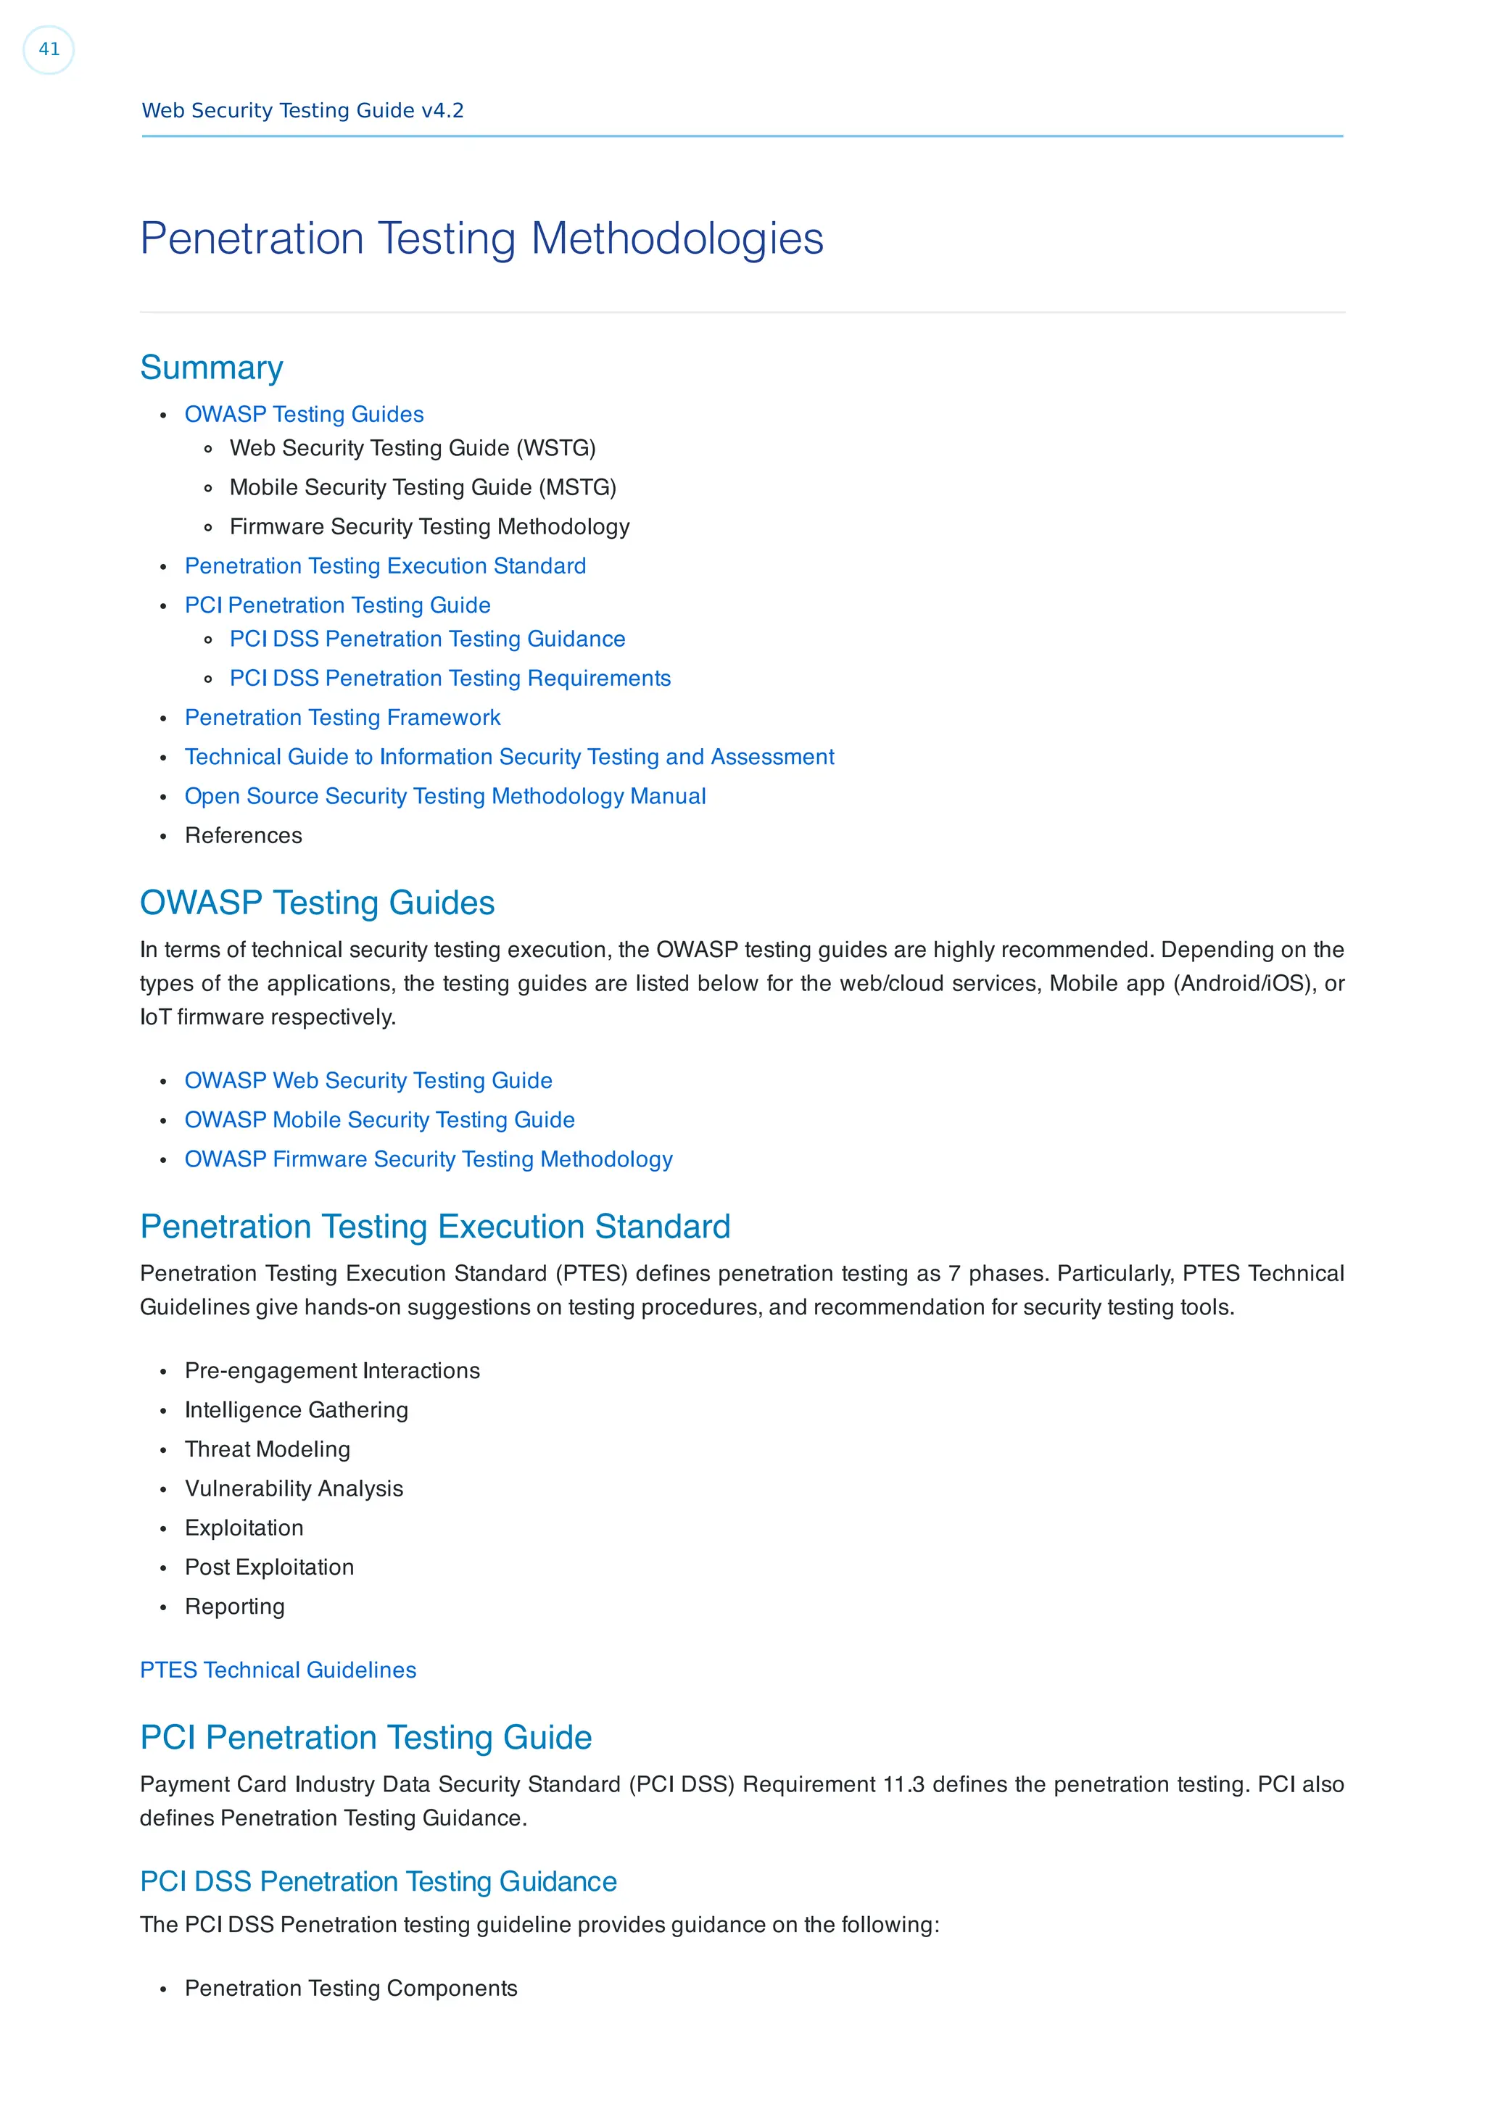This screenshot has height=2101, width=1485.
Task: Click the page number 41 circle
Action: click(x=49, y=49)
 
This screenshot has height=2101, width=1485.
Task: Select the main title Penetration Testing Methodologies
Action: click(x=481, y=239)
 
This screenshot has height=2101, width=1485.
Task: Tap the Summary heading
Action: click(x=211, y=368)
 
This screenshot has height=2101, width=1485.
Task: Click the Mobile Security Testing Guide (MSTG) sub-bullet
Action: click(x=422, y=488)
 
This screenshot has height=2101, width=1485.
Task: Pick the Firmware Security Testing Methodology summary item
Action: click(x=429, y=527)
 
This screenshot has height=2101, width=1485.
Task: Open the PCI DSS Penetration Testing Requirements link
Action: click(x=450, y=679)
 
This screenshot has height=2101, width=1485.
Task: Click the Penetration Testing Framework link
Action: click(x=342, y=718)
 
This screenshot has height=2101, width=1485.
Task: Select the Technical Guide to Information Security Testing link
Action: click(x=509, y=758)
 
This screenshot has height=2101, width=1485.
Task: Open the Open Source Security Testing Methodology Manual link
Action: click(x=444, y=797)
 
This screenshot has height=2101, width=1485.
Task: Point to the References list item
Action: click(x=244, y=837)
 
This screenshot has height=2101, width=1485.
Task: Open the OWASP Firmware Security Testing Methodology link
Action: click(x=429, y=1159)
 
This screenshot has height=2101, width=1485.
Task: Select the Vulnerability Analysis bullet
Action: click(x=294, y=1489)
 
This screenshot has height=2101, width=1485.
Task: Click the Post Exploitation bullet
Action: click(x=269, y=1567)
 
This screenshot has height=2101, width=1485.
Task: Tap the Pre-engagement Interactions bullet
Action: click(x=332, y=1371)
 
